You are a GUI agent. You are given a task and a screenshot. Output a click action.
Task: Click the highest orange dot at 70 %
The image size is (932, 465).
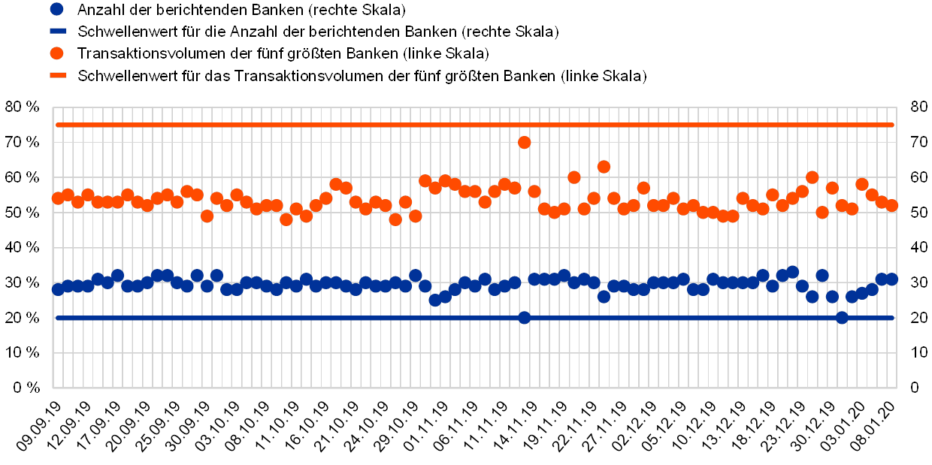pyautogui.click(x=525, y=142)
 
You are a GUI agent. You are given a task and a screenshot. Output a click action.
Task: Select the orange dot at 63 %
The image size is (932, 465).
pyautogui.click(x=604, y=167)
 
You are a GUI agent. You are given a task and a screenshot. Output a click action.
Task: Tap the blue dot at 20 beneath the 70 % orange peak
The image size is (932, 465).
pyautogui.click(x=525, y=318)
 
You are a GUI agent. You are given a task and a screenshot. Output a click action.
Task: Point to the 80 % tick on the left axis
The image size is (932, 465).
pyautogui.click(x=23, y=107)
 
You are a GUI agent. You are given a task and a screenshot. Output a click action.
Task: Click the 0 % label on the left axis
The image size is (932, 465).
pyautogui.click(x=26, y=388)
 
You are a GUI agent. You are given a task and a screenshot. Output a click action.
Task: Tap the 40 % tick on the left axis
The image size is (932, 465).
pyautogui.click(x=23, y=247)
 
